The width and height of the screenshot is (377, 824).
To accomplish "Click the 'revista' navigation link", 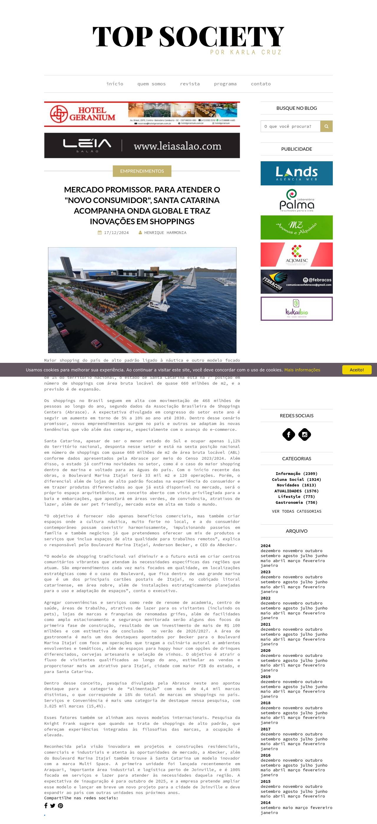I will [x=190, y=84].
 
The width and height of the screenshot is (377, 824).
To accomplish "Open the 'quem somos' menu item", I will [x=151, y=84].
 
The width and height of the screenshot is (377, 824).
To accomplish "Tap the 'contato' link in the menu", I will [x=260, y=84].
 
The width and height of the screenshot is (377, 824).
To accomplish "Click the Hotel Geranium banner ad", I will [x=142, y=114].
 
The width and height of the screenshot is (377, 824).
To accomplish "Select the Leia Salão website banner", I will [x=142, y=146].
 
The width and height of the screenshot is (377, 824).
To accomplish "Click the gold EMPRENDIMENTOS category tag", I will [x=142, y=171].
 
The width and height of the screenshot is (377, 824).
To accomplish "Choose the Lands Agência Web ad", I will [x=296, y=173].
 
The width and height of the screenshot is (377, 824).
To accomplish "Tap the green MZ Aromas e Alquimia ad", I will [x=296, y=227].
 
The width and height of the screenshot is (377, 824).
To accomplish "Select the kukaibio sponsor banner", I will [x=296, y=309].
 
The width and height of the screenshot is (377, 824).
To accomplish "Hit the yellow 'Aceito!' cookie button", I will [x=356, y=370].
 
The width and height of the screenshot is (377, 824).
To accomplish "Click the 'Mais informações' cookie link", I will [x=302, y=370].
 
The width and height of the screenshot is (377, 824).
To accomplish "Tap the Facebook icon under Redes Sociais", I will [x=289, y=434].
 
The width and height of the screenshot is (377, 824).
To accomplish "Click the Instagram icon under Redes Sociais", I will [x=305, y=434].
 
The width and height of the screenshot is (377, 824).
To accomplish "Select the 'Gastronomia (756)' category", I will [x=296, y=503].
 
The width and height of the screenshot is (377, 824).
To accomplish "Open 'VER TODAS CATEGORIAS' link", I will [x=296, y=511].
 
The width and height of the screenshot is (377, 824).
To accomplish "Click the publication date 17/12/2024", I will [x=116, y=233].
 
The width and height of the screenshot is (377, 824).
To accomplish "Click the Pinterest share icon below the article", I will [x=60, y=806].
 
